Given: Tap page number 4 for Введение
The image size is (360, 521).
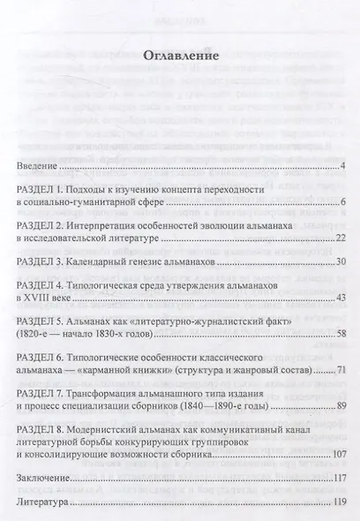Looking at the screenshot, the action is (341, 166).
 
